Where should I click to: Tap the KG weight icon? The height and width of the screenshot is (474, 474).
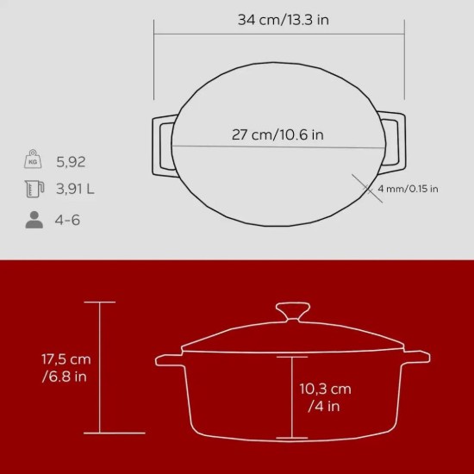click(34, 161)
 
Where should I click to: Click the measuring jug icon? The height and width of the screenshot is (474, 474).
click(34, 190)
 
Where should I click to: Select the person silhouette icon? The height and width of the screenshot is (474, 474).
click(34, 220)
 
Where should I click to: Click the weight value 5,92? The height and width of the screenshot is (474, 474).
click(71, 161)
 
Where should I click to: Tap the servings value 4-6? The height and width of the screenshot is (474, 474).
click(67, 220)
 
